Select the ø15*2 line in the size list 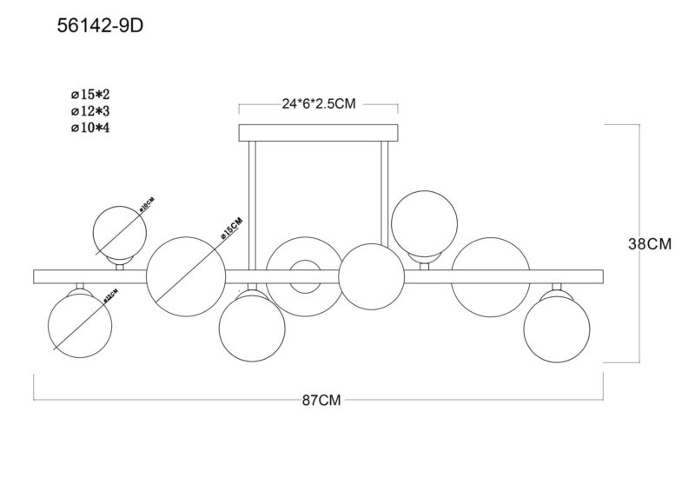[x=90, y=96]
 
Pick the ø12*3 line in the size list [x=90, y=112]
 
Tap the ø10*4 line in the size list [x=90, y=129]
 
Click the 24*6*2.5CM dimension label [x=318, y=103]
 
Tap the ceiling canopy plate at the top [x=319, y=133]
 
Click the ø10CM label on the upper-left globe [x=145, y=207]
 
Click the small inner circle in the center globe [x=303, y=276]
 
